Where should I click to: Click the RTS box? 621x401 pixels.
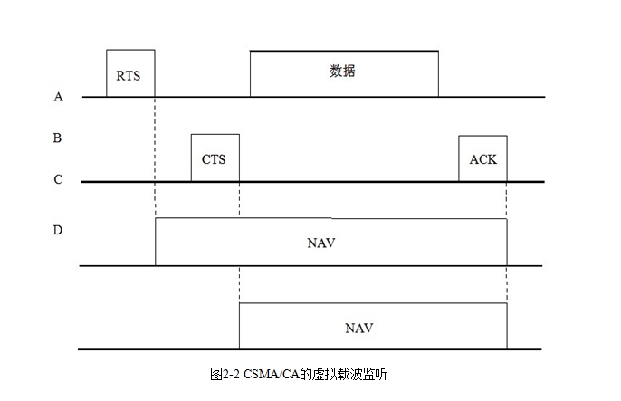click(x=130, y=72)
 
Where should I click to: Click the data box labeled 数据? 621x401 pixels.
click(x=344, y=72)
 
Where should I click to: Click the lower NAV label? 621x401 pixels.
click(x=359, y=327)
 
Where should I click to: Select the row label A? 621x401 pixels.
click(x=58, y=96)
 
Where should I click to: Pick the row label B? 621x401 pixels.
click(x=58, y=138)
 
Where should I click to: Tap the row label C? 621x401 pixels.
click(x=58, y=180)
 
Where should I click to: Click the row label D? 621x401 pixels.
click(x=58, y=230)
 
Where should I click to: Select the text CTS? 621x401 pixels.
click(x=214, y=160)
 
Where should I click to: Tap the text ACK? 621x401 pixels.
click(x=482, y=160)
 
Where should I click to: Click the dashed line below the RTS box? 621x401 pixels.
click(x=156, y=154)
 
